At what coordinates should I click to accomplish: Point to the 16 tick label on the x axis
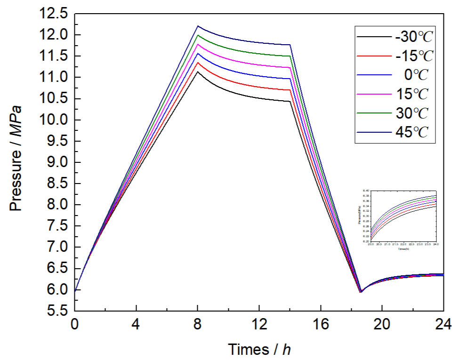[321, 325]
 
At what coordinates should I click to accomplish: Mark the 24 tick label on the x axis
[443, 325]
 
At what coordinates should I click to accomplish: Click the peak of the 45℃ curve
[198, 26]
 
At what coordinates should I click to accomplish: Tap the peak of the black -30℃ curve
[198, 72]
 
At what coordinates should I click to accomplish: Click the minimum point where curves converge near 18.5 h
[360, 292]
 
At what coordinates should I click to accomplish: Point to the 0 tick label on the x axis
[74, 325]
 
